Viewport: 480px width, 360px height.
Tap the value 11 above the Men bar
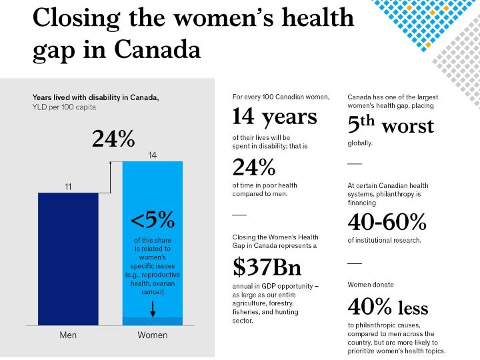(68, 187)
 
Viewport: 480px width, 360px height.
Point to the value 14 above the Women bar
(152, 155)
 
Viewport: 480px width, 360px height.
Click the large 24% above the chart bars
(113, 139)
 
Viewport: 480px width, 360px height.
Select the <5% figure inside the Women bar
(152, 219)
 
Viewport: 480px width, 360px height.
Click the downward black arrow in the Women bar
(153, 308)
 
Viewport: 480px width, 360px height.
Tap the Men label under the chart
(68, 335)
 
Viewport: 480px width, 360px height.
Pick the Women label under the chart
(152, 335)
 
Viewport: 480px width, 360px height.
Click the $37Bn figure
(267, 267)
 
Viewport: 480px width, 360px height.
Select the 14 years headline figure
(274, 117)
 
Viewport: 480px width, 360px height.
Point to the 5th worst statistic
(391, 125)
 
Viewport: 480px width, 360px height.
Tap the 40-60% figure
(387, 221)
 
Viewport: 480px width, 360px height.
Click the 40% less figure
(388, 307)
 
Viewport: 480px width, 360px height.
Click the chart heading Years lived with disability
(95, 97)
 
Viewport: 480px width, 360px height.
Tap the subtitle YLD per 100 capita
(64, 107)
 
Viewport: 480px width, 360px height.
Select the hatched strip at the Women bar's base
(152, 321)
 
